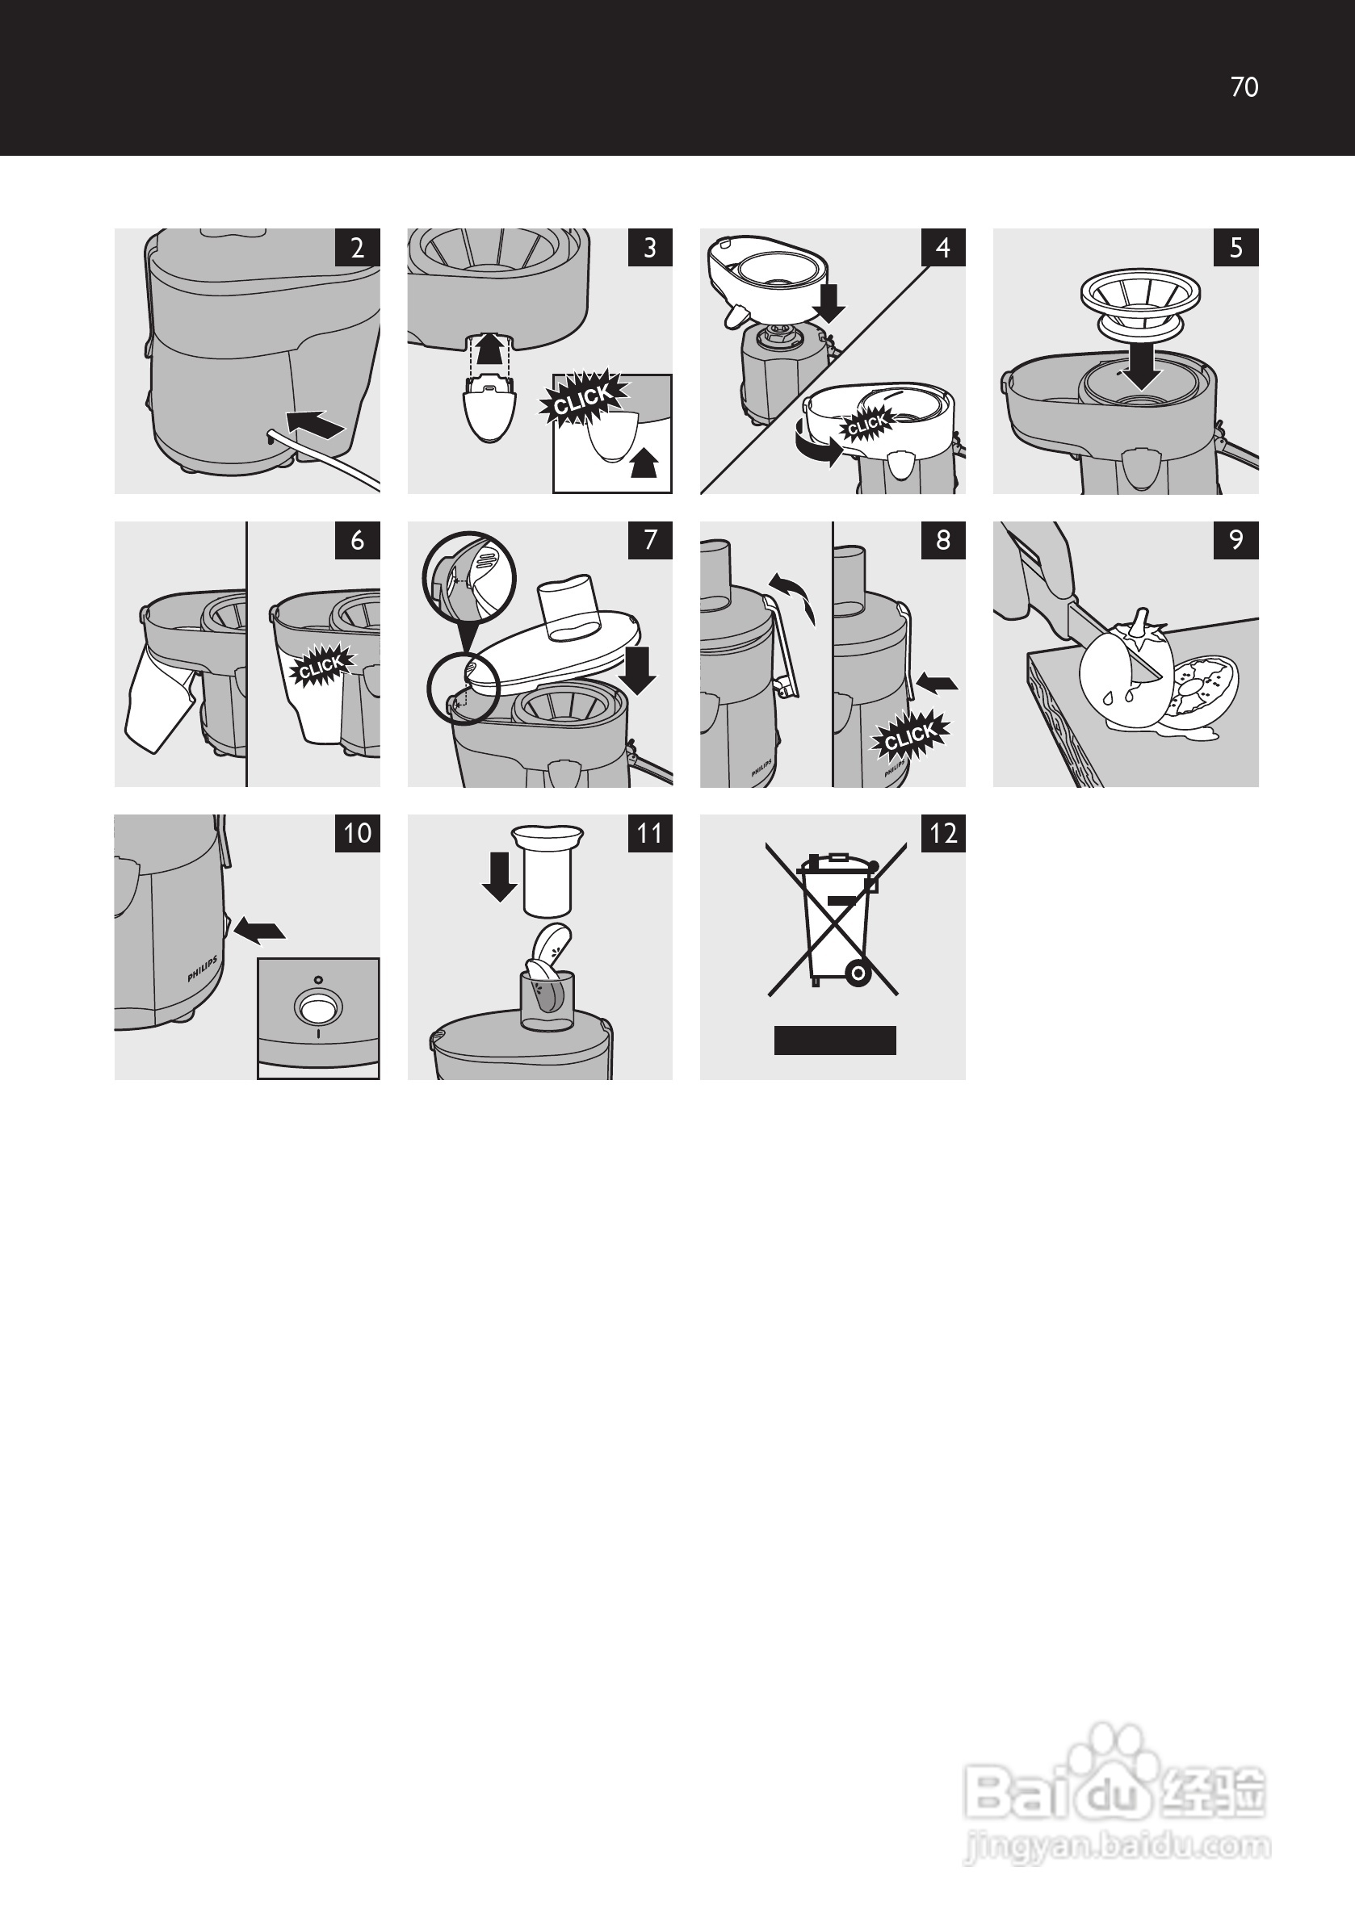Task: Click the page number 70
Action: [1244, 87]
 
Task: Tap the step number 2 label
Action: [358, 248]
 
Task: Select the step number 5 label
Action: [1236, 248]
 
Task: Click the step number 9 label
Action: [1236, 540]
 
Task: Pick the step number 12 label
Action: [943, 833]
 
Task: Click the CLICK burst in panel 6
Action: [321, 665]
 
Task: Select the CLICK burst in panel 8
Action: [910, 737]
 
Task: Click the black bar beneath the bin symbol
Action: [835, 1040]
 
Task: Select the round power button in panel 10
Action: [318, 1007]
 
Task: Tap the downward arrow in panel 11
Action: [500, 877]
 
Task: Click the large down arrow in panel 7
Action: [639, 671]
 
